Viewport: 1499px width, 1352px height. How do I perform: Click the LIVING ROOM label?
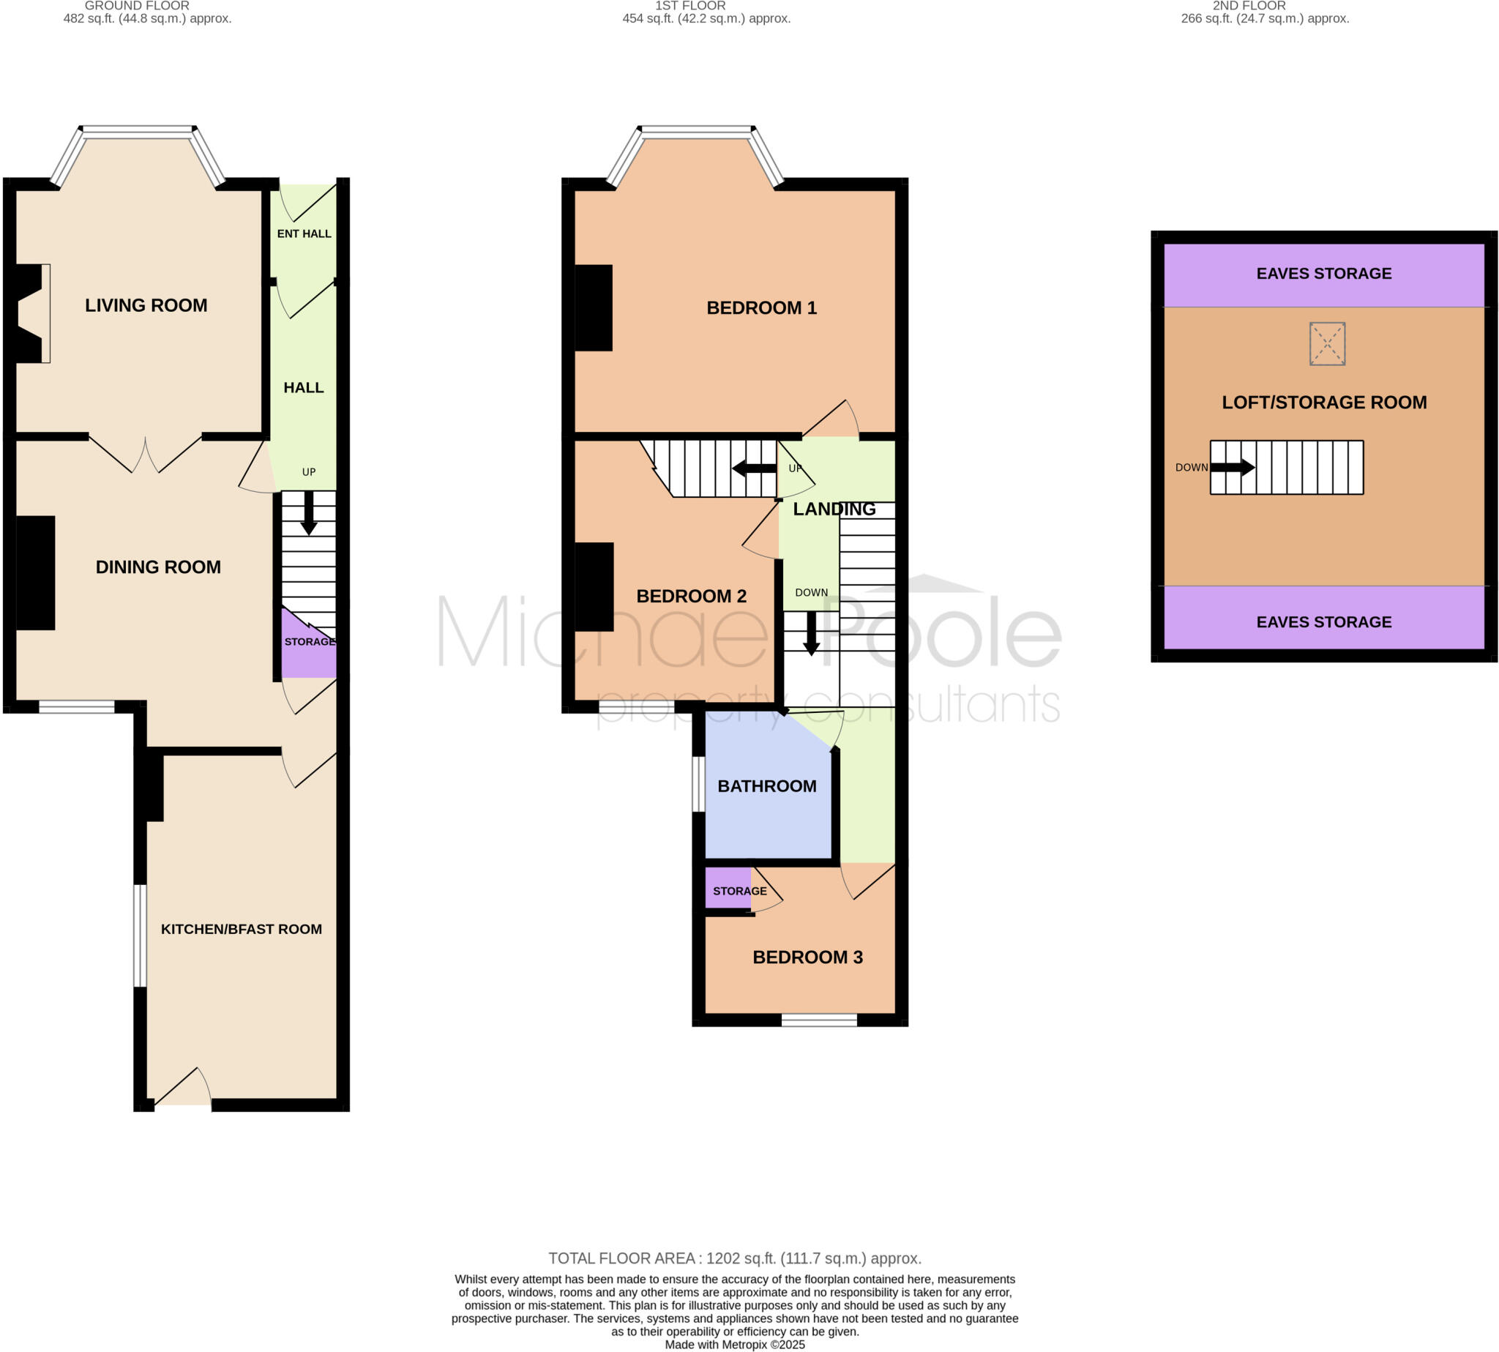point(146,305)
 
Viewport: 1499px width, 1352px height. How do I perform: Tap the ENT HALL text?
point(304,234)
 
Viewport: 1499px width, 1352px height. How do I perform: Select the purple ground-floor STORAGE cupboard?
point(309,650)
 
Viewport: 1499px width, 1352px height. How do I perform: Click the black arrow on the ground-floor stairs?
point(308,512)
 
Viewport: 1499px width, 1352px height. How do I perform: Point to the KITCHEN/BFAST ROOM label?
point(242,930)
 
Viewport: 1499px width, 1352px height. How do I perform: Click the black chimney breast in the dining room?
point(36,572)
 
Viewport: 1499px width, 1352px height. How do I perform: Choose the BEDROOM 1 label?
point(760,307)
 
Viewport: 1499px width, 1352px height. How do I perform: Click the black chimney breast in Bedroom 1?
point(593,307)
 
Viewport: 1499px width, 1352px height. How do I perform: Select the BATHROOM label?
point(766,786)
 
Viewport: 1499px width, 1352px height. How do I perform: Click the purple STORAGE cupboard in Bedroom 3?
point(728,888)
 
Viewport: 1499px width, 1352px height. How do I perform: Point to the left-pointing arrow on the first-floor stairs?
point(754,468)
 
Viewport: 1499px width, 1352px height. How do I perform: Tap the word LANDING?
point(834,509)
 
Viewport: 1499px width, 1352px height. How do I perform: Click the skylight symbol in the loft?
point(1327,343)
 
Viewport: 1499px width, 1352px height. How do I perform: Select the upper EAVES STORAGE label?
point(1323,273)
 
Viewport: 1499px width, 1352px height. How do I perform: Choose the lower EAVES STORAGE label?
point(1323,621)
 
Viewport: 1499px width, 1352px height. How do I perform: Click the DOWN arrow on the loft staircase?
point(1233,467)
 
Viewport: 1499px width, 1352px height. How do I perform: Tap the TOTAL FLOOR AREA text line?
point(734,1258)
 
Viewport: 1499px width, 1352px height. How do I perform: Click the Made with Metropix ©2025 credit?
point(734,1345)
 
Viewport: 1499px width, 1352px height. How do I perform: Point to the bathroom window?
point(698,785)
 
